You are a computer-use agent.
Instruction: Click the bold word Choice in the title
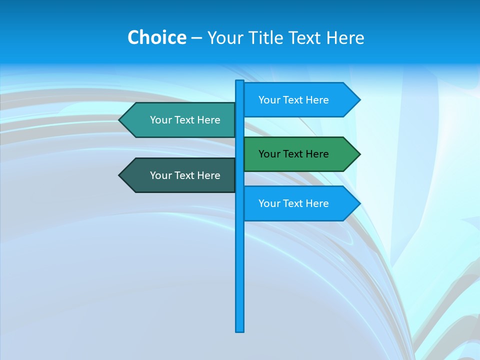coord(156,38)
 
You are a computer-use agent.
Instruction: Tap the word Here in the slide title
coord(345,38)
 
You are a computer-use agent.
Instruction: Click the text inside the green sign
coord(293,154)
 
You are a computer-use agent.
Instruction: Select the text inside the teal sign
coord(185,120)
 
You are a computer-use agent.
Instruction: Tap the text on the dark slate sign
coord(185,175)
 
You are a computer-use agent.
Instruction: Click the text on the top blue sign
coord(293,100)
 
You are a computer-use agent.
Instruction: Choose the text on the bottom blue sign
coord(293,203)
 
